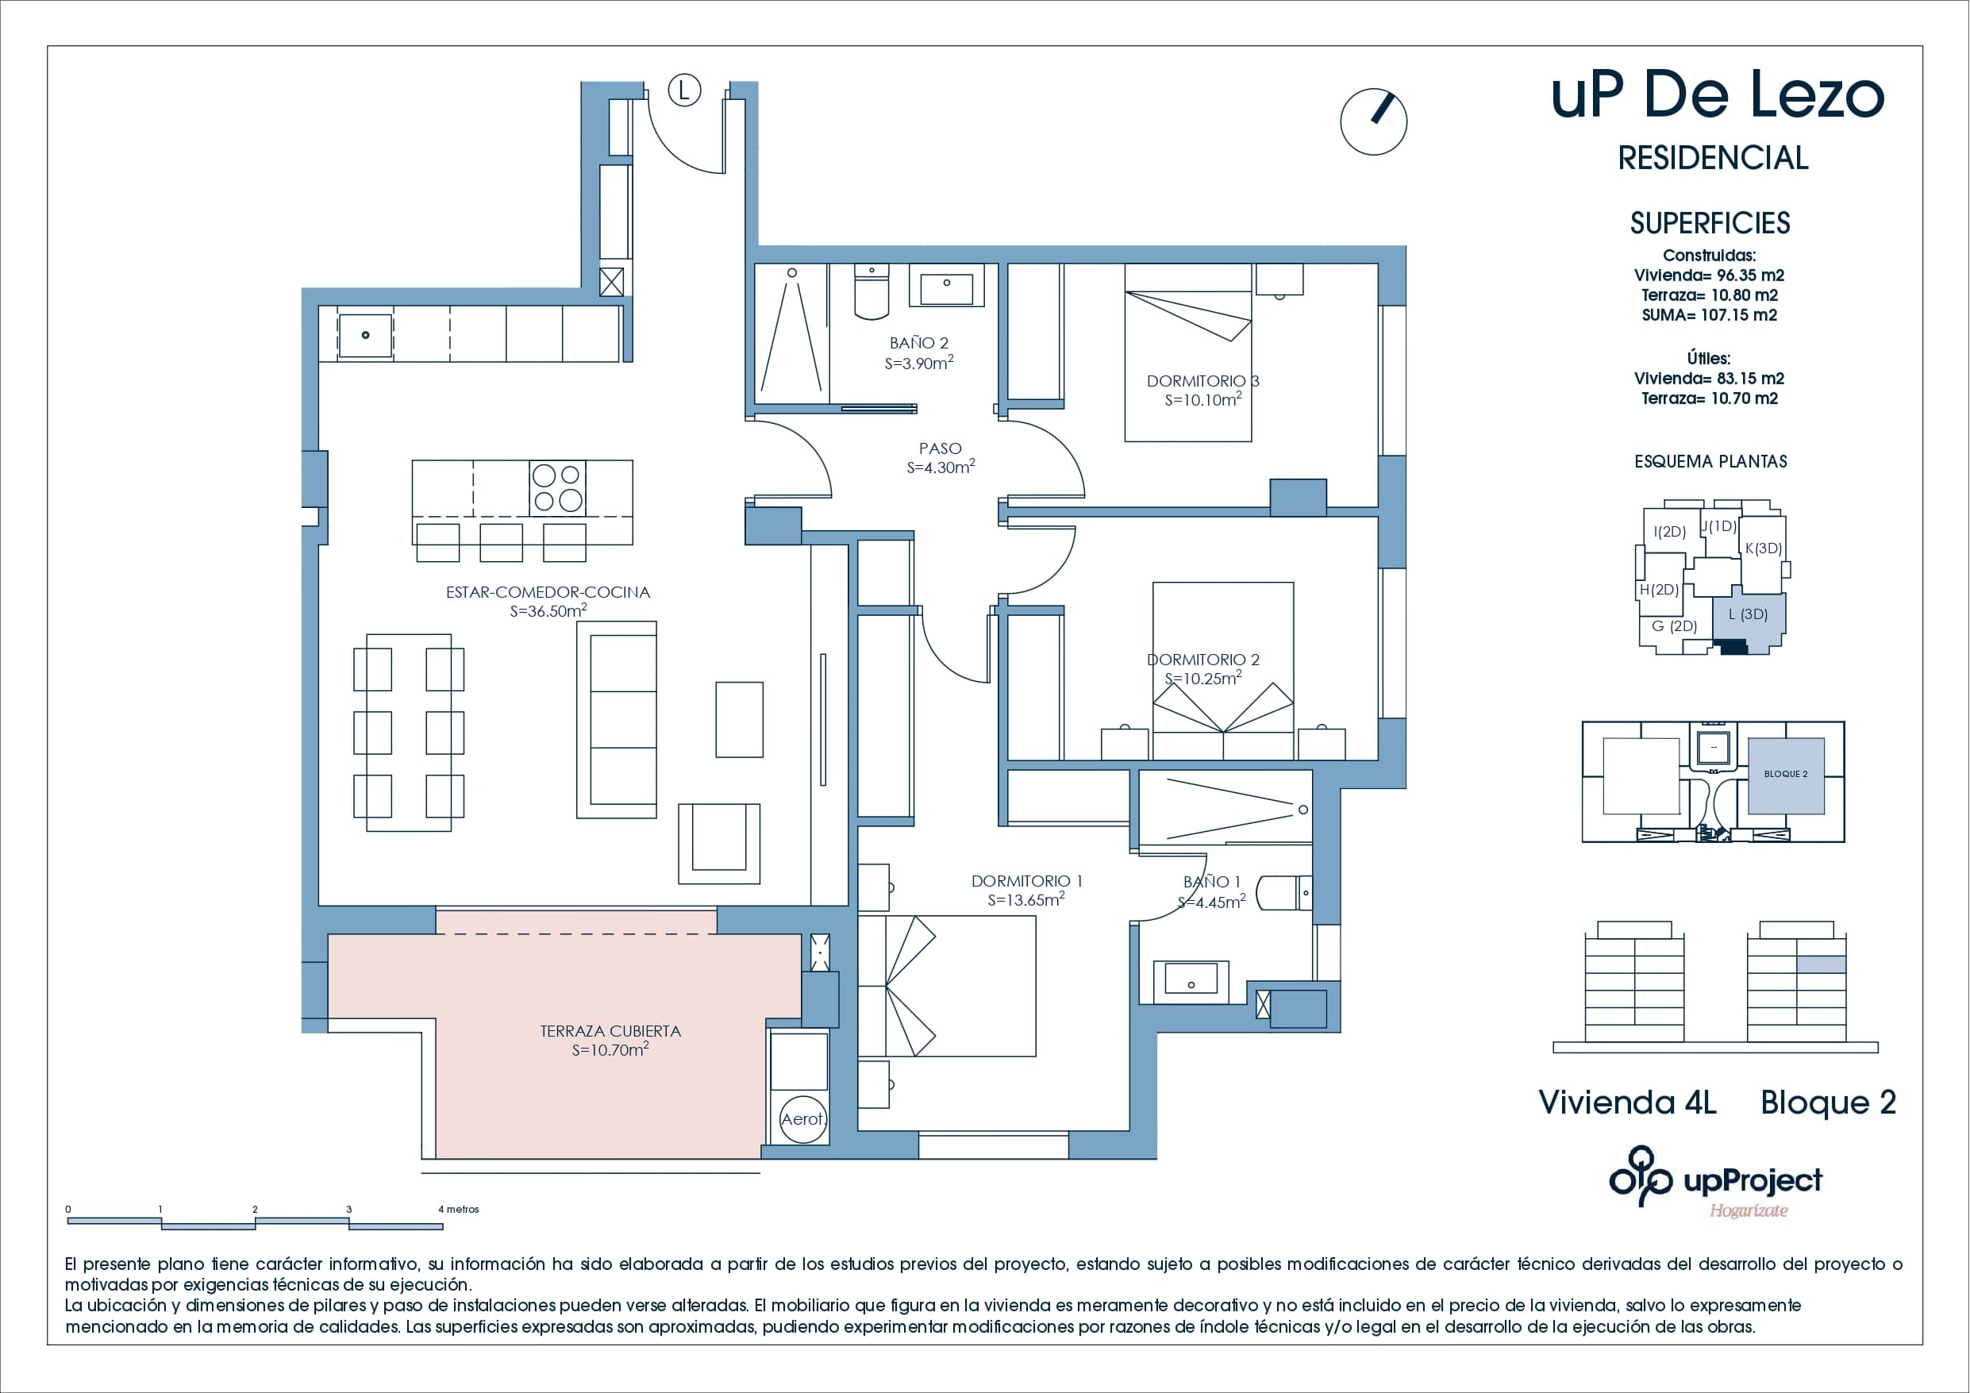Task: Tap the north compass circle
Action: [x=1373, y=122]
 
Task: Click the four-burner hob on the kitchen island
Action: [x=558, y=487]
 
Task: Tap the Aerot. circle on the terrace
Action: [x=802, y=1118]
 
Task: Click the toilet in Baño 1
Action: [x=1283, y=894]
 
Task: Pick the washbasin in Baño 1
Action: [x=1191, y=979]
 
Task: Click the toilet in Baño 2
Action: [x=871, y=292]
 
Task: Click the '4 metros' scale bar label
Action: [x=459, y=1209]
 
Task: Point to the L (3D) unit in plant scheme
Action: [x=1748, y=614]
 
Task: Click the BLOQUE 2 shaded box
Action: [x=1786, y=775]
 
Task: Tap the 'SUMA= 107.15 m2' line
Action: [x=1709, y=315]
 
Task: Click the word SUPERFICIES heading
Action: [x=1709, y=223]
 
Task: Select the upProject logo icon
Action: [x=1641, y=1176]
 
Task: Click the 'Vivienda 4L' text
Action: [x=1627, y=1102]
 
